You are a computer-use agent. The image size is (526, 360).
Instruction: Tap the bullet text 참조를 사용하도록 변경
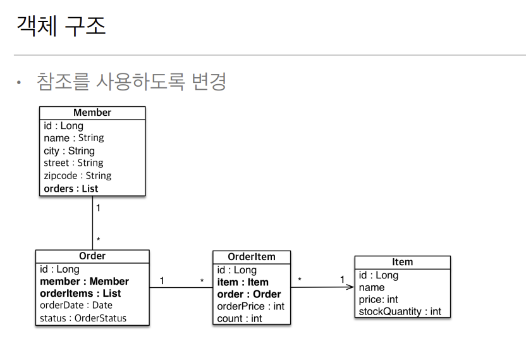131,82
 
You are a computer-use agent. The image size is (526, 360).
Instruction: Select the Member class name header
92,113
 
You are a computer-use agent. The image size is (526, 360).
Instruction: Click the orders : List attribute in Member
71,189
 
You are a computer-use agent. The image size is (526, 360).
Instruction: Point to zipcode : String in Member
77,176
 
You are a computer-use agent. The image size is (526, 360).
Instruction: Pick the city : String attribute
69,151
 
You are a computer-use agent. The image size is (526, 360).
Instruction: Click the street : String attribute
73,163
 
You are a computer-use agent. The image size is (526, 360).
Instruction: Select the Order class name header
92,256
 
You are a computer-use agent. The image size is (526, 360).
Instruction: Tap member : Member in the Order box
84,282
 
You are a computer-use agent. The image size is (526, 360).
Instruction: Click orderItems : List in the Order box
80,294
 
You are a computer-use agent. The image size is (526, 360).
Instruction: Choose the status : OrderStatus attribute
83,318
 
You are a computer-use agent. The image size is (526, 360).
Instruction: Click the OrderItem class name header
251,257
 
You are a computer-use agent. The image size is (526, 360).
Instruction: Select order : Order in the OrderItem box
248,294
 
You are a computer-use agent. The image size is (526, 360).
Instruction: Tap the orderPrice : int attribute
250,306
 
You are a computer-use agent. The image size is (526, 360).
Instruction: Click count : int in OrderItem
239,318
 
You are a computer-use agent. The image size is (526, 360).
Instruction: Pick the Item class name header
402,262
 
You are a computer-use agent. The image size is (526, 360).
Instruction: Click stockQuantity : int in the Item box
400,311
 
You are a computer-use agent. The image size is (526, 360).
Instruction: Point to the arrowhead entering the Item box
350,287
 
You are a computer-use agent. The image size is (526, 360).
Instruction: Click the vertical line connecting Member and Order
92,225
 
